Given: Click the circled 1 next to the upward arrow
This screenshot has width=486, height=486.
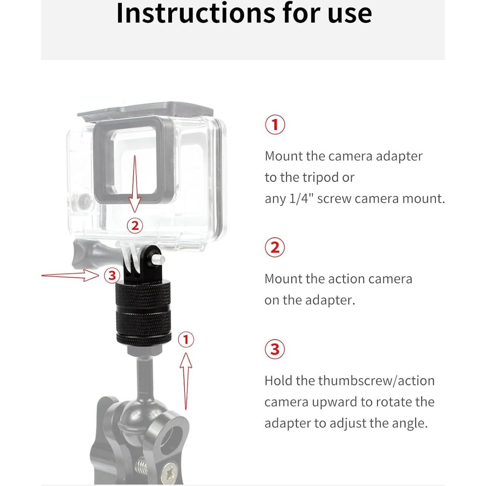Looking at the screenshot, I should [185, 340].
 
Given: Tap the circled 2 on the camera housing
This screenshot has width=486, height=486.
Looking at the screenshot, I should [135, 226].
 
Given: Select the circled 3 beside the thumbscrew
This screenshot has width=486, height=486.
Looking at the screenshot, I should [112, 275].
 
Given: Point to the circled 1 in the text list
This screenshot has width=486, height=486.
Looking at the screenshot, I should [275, 125].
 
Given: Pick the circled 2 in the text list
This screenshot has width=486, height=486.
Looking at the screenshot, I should [275, 248].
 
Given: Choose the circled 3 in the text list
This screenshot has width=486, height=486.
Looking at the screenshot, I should [275, 349].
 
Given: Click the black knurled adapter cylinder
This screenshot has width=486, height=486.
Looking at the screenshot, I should [142, 313].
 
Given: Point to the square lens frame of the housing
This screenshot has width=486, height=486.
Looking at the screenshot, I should [130, 158].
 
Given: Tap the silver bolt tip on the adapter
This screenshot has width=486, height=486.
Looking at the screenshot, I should [158, 260].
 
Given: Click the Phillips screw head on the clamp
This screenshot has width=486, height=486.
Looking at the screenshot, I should [172, 472].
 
